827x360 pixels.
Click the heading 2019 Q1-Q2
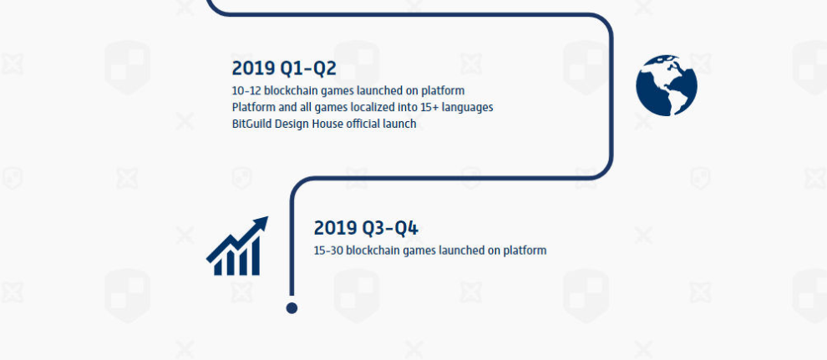click(x=284, y=68)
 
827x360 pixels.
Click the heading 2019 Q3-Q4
click(x=366, y=228)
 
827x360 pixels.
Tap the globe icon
click(x=667, y=85)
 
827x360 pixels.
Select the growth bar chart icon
click(x=237, y=246)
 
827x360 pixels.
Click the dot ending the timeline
click(x=292, y=308)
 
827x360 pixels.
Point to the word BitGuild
click(x=251, y=124)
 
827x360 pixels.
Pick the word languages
click(x=468, y=108)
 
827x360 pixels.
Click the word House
click(x=327, y=124)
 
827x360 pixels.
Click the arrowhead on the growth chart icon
click(x=261, y=224)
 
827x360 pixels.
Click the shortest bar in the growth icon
click(x=218, y=268)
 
